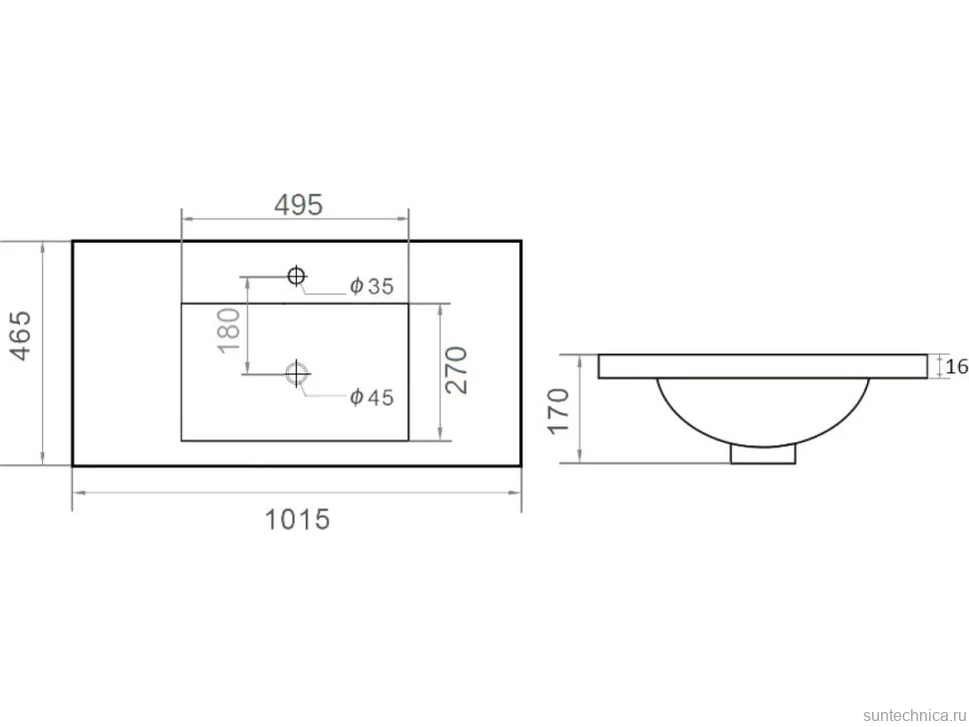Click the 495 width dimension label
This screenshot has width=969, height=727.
pos(299,205)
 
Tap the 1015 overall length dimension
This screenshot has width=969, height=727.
pos(298,519)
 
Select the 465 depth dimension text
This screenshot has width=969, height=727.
pos(20,336)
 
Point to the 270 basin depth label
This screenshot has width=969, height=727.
pos(457,370)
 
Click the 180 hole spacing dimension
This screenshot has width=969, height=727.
pos(229,331)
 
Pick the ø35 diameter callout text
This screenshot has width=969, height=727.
pos(372,286)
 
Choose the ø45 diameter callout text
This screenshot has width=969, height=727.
pos(372,397)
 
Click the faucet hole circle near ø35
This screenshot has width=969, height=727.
pos(297,276)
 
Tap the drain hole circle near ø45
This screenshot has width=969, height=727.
pos(297,373)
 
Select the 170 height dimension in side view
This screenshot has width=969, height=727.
pos(558,410)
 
